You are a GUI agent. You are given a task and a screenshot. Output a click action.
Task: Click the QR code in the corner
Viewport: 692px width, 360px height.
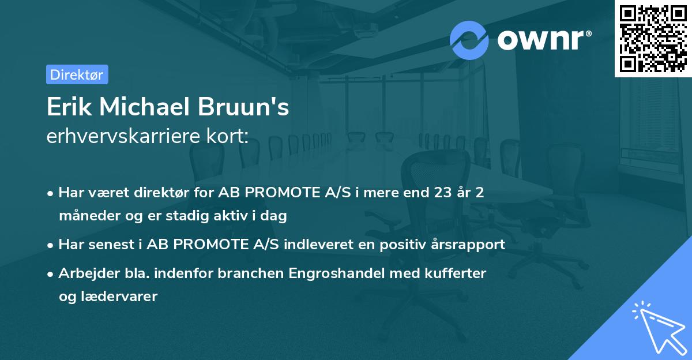click(x=653, y=38)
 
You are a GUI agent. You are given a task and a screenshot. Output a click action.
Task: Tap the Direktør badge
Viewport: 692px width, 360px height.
click(x=77, y=74)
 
